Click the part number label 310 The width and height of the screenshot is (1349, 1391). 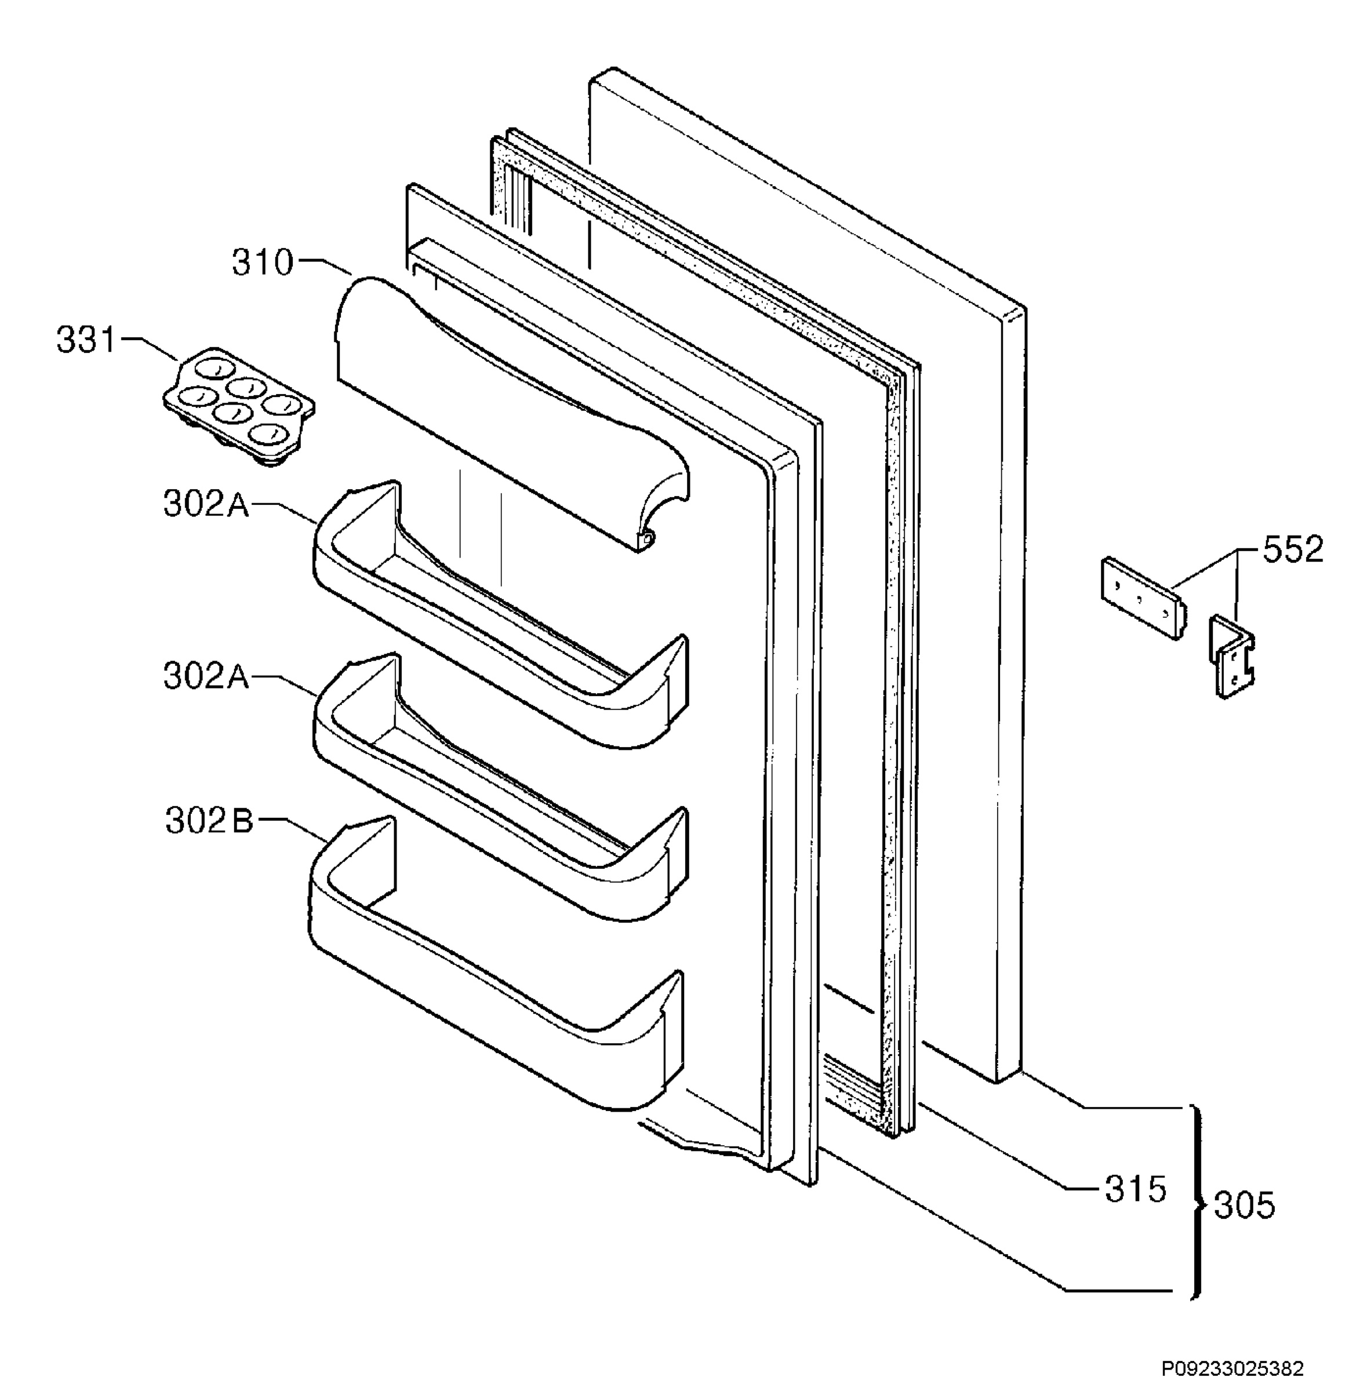point(262,263)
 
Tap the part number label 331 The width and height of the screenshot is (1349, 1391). point(86,340)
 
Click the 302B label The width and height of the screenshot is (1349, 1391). point(209,821)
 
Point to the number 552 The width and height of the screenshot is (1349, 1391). point(1293,549)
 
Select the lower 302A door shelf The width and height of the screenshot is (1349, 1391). point(500,788)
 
